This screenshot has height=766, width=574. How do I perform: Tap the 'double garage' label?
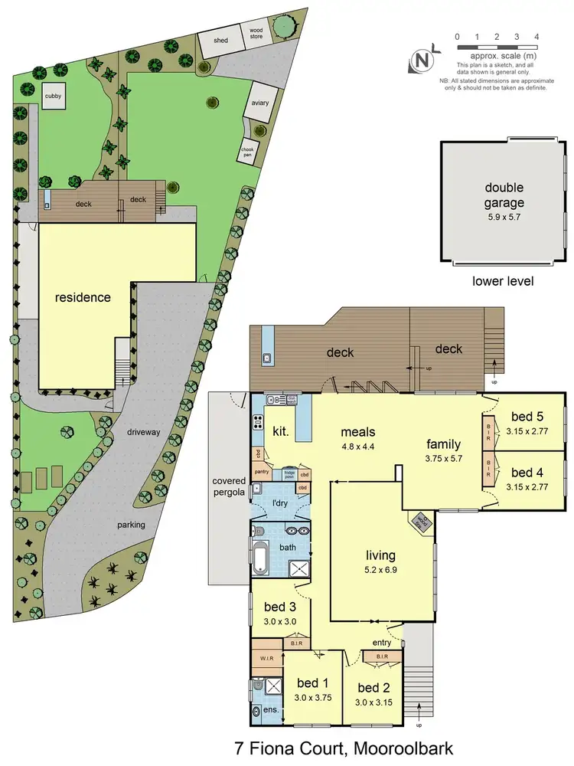[504, 195]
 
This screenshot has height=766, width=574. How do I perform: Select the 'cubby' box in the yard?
[53, 97]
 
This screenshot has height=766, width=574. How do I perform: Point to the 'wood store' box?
[255, 34]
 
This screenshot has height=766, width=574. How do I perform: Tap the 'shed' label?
[220, 41]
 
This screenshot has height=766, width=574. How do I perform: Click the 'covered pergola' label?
[228, 487]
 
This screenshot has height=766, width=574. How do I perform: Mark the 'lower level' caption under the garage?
[504, 281]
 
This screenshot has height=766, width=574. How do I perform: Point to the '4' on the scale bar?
[536, 37]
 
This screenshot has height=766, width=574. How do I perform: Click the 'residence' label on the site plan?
[83, 297]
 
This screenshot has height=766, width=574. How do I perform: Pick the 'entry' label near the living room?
[381, 642]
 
